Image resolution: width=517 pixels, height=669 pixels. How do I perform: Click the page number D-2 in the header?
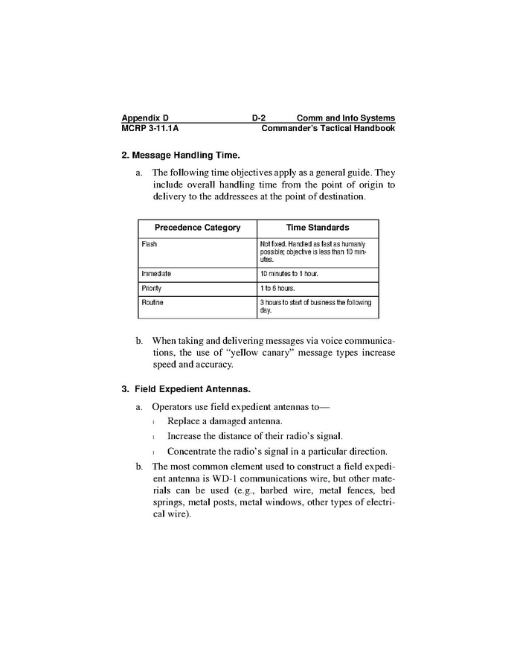pos(259,118)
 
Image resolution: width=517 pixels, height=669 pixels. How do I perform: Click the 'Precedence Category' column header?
pos(197,228)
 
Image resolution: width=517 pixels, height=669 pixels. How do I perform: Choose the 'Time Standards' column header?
pos(318,228)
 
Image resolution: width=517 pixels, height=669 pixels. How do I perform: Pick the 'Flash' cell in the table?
pos(150,244)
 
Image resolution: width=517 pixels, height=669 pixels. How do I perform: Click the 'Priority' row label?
pos(152,288)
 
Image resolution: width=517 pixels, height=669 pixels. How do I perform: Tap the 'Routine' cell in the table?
pos(152,302)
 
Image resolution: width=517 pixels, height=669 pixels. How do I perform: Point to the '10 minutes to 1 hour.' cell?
pos(289,274)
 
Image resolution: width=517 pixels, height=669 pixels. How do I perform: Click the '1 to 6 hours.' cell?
pos(277,288)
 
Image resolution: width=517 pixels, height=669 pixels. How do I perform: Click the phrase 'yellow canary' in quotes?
pos(244,352)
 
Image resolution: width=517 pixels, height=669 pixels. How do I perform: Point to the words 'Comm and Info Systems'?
pos(345,118)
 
